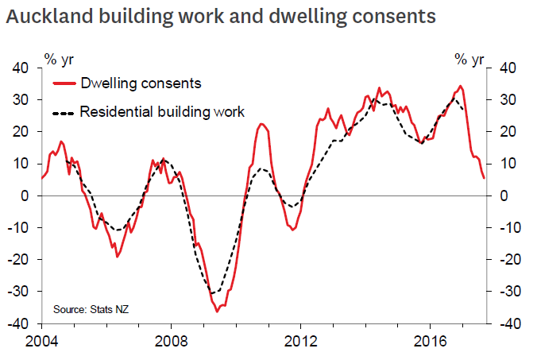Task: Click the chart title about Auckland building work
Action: [x=220, y=16]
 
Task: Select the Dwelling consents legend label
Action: [x=141, y=83]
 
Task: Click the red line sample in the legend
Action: [x=64, y=83]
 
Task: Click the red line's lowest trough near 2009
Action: [x=217, y=311]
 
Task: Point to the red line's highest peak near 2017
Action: [x=461, y=86]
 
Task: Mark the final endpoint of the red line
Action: [x=484, y=178]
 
